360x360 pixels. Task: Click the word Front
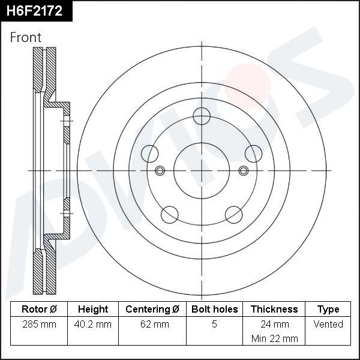(x=26, y=37)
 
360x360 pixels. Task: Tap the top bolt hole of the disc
(x=202, y=115)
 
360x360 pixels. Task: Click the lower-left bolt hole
(x=169, y=213)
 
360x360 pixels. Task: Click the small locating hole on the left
(x=160, y=171)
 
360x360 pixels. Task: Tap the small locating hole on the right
(x=243, y=171)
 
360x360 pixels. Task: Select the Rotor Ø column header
(x=39, y=310)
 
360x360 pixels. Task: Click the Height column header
(x=93, y=310)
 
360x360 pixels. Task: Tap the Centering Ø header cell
(x=152, y=310)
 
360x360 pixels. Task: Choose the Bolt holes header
(x=214, y=310)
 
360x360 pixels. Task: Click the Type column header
(x=328, y=310)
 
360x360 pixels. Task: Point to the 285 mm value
(x=39, y=325)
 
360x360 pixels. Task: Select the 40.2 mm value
(x=93, y=325)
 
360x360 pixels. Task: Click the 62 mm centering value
(x=152, y=325)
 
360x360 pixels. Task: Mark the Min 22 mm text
(x=274, y=338)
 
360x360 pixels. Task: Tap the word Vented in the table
(x=328, y=325)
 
